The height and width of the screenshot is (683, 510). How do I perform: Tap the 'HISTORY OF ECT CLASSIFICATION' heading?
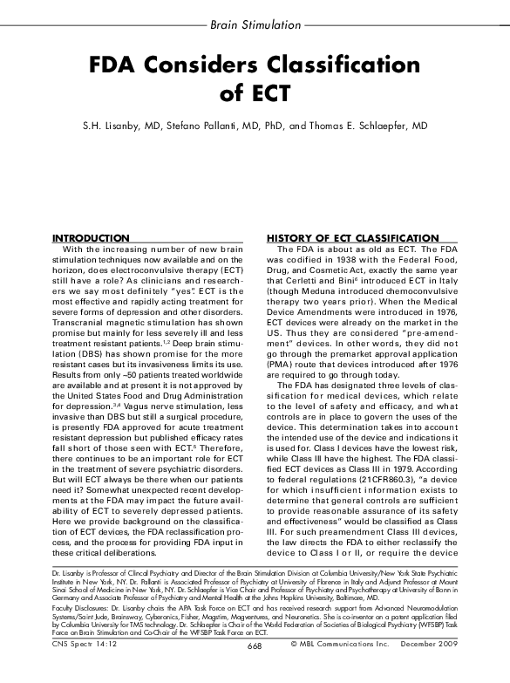pyautogui.click(x=352, y=238)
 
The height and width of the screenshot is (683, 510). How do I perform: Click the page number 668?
pyautogui.click(x=255, y=669)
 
